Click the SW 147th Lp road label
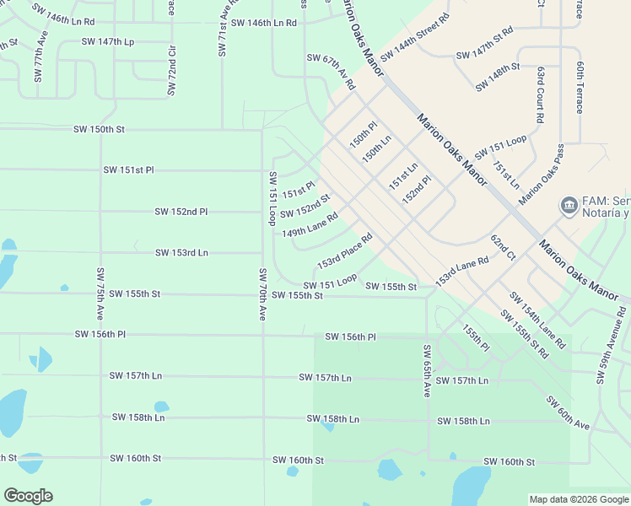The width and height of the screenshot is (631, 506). (107, 41)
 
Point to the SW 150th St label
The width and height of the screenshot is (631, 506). (99, 130)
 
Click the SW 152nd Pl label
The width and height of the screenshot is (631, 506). (181, 212)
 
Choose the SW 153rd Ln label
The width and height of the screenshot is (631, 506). (181, 253)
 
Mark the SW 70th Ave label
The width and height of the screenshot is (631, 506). (263, 294)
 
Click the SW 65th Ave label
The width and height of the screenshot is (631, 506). (427, 372)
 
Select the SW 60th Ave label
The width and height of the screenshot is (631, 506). (568, 412)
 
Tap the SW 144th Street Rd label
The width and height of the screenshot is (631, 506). (414, 38)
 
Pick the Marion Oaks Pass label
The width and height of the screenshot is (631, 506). (542, 175)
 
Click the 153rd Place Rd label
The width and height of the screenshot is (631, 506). (344, 252)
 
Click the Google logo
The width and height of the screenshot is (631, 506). (28, 496)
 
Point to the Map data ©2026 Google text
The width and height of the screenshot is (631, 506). (578, 499)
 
